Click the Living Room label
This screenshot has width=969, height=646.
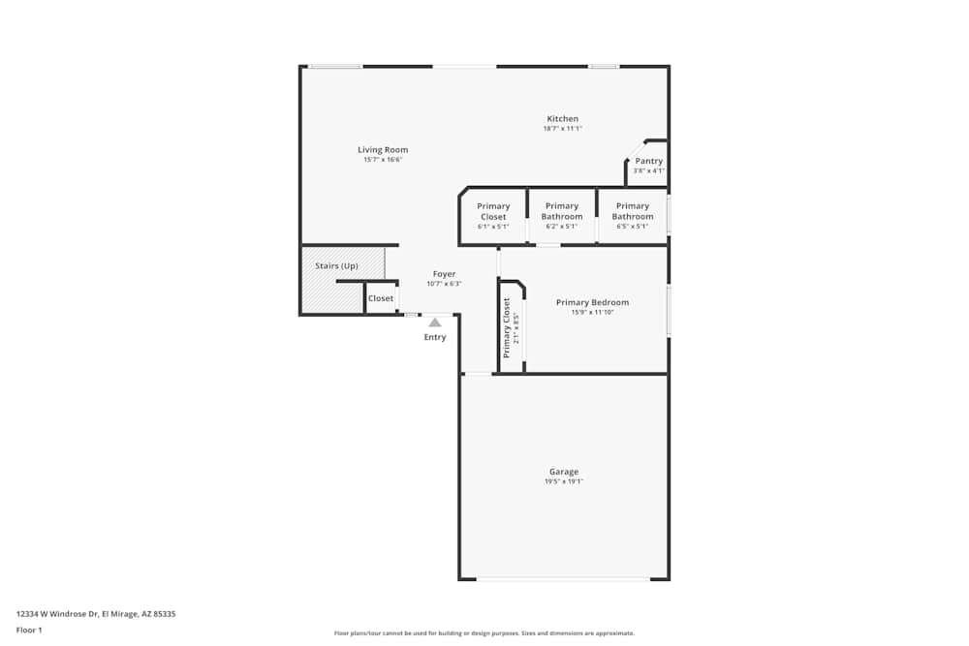coord(383,149)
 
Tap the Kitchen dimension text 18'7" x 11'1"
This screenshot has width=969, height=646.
coord(562,128)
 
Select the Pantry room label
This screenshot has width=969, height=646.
coord(649,161)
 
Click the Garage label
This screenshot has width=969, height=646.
coord(564,472)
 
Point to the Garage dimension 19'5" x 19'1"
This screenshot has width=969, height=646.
coord(564,481)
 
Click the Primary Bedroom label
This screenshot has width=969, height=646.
coord(592,302)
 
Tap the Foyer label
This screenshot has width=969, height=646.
coord(444,274)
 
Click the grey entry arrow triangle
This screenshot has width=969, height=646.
coord(435,322)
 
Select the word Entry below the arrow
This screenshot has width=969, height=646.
coord(435,337)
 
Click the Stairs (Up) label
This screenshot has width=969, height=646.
coord(336,265)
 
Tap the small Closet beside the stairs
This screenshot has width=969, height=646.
coord(381,298)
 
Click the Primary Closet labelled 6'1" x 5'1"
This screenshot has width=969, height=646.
coord(493,211)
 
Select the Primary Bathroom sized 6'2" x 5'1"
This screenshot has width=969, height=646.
coord(562,211)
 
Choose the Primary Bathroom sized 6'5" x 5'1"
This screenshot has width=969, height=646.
coord(633,211)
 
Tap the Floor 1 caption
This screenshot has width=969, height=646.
coord(29,630)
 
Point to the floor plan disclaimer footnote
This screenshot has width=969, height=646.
coord(484,633)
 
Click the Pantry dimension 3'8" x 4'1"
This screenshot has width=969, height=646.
coord(649,170)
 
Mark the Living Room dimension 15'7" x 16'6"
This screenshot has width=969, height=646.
coord(383,160)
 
